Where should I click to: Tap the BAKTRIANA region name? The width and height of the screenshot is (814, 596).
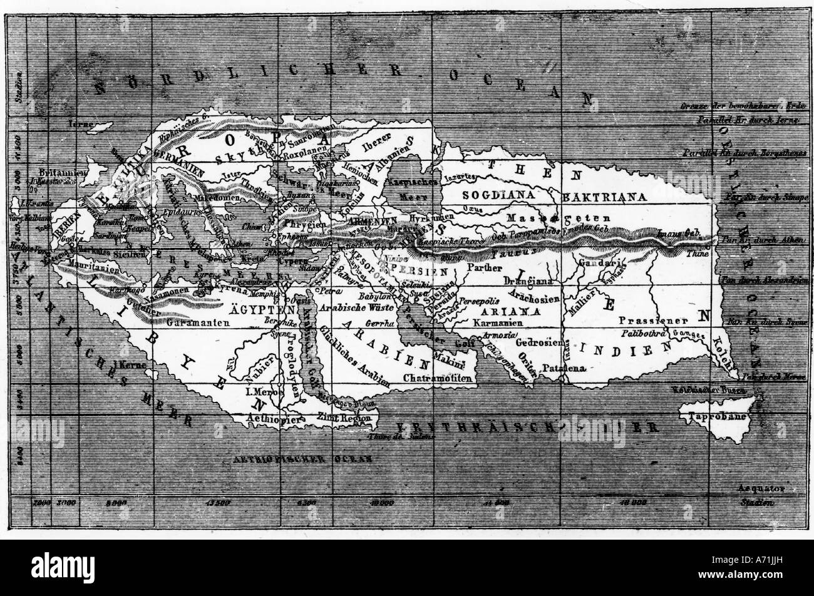point(604,197)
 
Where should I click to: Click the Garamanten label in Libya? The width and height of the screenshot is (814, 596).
point(195,323)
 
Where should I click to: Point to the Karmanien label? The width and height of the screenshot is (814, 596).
point(503,323)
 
